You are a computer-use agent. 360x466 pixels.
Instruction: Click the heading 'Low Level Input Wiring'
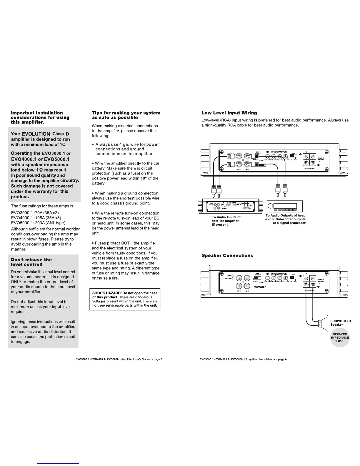[x=229, y=113]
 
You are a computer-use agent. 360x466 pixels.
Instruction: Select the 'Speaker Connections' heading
[x=227, y=255]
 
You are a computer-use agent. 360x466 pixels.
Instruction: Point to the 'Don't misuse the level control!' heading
[x=31, y=262]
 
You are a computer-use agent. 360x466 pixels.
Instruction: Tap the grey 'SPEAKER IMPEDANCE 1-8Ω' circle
[x=340, y=338]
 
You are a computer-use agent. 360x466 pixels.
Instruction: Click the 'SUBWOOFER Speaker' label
[x=341, y=323]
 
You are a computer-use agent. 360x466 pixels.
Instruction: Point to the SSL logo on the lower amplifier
[x=260, y=287]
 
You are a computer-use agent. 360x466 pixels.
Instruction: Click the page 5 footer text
[x=119, y=359]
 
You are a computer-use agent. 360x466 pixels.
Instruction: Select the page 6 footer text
[x=243, y=359]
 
